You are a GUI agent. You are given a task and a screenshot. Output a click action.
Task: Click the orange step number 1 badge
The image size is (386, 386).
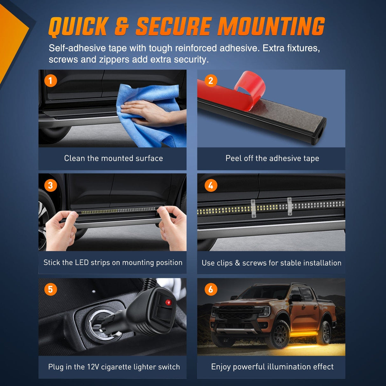point(51,81)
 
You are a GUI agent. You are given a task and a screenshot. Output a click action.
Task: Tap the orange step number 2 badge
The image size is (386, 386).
point(211,81)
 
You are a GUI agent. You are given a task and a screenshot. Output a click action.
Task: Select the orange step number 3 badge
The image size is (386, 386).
point(51,185)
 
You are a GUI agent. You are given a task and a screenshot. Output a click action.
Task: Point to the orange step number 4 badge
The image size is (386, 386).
point(211,185)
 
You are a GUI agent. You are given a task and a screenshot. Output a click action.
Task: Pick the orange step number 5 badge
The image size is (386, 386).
point(51,289)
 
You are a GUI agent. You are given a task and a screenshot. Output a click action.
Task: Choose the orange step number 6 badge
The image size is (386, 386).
point(211,289)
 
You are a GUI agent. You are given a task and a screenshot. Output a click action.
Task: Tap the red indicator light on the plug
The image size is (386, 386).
point(168,302)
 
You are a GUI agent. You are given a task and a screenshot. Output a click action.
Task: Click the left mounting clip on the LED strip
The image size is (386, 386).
point(253,208)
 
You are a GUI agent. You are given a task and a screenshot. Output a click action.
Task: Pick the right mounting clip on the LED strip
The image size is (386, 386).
point(290,206)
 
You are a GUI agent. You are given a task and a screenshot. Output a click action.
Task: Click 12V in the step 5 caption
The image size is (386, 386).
point(93,367)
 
